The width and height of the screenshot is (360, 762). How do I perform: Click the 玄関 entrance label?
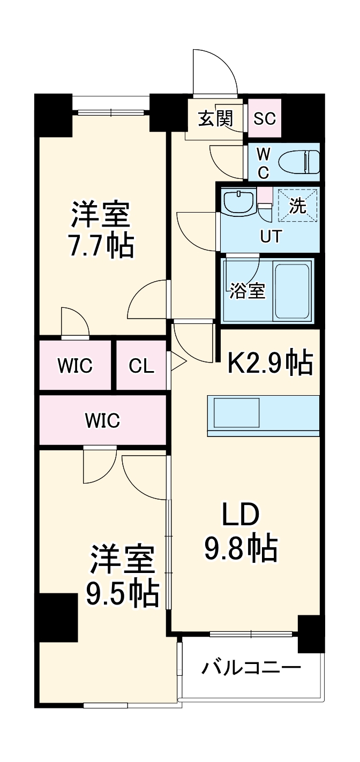(215, 118)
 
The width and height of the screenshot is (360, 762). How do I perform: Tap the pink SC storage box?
(265, 118)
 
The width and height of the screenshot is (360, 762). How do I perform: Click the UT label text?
(270, 236)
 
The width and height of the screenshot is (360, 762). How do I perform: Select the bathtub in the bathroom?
(292, 291)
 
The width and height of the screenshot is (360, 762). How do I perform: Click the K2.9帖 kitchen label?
(271, 364)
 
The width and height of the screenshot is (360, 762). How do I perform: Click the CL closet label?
(141, 366)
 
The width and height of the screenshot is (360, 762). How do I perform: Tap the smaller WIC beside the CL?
(75, 366)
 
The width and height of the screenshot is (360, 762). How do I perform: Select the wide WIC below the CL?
(102, 420)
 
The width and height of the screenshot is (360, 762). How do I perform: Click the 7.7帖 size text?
(101, 246)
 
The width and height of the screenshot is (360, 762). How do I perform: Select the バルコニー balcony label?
(251, 668)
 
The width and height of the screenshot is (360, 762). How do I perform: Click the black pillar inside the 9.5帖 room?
(58, 617)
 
